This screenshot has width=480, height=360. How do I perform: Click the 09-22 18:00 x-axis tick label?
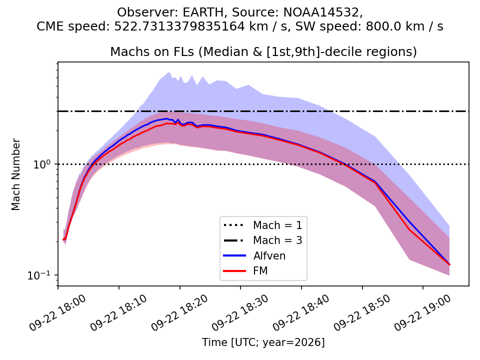pos(58,313)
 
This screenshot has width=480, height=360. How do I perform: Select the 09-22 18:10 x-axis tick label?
pos(119,313)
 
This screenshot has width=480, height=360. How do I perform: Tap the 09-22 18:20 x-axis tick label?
pos(179,313)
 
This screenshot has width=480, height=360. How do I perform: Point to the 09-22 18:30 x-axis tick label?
pos(240,313)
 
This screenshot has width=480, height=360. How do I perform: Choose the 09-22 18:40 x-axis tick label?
pos(301,313)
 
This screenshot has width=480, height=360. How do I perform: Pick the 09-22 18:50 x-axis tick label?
pos(362,313)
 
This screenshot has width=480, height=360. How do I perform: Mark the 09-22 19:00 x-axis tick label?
pos(423,313)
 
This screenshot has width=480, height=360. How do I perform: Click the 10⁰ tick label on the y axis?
pos(42,164)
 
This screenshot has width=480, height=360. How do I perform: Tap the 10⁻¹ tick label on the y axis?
pos(39,275)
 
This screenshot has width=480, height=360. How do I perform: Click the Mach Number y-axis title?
pos(15,174)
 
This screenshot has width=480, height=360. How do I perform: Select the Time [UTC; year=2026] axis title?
pos(263,342)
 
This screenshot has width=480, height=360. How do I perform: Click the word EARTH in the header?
pos(202,12)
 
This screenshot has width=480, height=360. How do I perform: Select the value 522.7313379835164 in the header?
pos(179,26)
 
